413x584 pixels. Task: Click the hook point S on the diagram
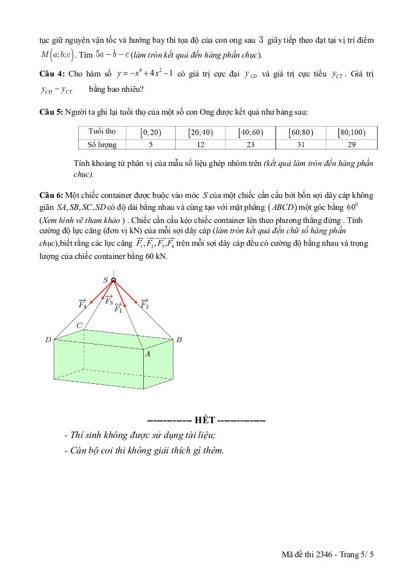point(114,280)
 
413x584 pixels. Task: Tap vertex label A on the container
point(148,354)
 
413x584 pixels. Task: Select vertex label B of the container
point(179,340)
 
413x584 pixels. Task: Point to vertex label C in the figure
point(80,325)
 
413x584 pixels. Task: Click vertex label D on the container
point(48,340)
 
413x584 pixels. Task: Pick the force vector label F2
point(144,303)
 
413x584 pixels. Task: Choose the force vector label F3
point(108,300)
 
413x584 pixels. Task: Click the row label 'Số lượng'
point(103,145)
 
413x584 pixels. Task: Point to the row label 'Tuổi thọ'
point(103,132)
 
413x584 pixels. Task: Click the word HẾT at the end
point(205,420)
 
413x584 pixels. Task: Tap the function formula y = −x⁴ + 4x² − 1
point(144,74)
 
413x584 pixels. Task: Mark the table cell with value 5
point(151,145)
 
